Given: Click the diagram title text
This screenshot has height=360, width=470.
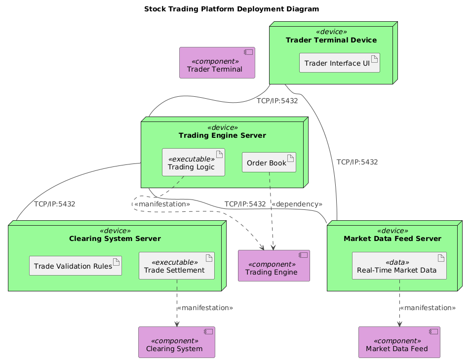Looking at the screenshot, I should click(x=235, y=9).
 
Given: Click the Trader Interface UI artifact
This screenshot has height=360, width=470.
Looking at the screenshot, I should click(x=340, y=63).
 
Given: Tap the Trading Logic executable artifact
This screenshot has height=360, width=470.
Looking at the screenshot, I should click(x=194, y=162).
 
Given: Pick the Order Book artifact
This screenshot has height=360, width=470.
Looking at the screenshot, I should click(x=269, y=162).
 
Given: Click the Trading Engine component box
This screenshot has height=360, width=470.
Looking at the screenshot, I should click(x=274, y=266).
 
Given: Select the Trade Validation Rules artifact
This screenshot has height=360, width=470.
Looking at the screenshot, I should click(x=76, y=266).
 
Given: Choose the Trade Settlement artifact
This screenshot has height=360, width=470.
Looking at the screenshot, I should click(x=177, y=266).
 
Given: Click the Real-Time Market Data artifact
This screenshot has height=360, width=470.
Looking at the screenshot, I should click(x=399, y=266).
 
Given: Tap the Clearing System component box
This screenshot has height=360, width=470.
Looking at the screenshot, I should click(x=177, y=342).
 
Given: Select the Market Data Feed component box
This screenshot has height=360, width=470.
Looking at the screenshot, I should click(x=399, y=342).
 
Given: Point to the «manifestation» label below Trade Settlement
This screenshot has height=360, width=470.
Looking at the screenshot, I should click(x=205, y=308).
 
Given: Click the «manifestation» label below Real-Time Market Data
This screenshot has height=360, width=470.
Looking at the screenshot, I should click(x=427, y=308).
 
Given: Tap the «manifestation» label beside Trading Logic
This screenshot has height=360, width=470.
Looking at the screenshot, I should click(x=162, y=204).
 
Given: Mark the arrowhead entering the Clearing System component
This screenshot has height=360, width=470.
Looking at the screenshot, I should click(x=177, y=323).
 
